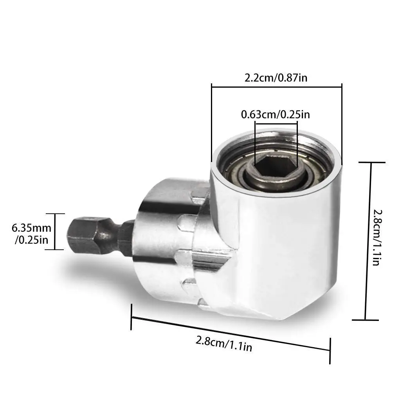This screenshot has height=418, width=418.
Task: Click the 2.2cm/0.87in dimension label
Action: (276, 78)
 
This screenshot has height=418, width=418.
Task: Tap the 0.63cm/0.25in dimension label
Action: (276, 114)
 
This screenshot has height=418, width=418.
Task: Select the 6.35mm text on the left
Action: (31, 228)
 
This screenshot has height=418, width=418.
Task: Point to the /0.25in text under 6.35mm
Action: (31, 240)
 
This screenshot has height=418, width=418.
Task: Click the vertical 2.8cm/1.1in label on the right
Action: (377, 238)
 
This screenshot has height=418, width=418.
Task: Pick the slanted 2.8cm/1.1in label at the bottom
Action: (224, 344)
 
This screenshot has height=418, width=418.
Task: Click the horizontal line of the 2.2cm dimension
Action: (276, 86)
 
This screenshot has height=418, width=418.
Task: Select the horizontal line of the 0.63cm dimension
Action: (276, 123)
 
